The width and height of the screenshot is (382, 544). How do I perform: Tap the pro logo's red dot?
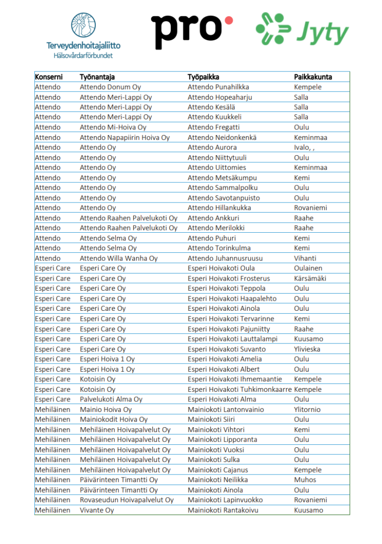point(228,21)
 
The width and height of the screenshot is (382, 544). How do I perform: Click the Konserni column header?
point(49,77)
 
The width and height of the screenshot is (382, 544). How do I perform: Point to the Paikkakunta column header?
point(313,77)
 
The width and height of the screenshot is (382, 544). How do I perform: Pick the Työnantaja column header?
point(97,77)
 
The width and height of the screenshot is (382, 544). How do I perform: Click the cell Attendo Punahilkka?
point(218,87)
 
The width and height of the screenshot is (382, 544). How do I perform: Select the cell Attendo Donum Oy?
point(110,87)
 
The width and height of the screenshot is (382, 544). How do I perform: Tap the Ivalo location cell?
point(305,148)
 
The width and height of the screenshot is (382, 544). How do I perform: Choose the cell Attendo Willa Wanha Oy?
point(119,258)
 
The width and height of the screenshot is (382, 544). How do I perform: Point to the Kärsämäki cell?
point(308,279)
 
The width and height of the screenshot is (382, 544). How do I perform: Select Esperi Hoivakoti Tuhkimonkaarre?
point(239,389)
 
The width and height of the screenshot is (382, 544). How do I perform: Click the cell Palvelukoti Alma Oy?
point(111,399)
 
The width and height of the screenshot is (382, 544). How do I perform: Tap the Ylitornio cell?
point(307,410)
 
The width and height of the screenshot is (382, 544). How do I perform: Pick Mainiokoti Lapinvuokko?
point(225,500)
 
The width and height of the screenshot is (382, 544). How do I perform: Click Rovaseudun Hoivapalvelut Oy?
point(127,500)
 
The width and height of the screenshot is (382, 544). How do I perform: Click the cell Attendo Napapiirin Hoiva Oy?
point(125,138)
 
